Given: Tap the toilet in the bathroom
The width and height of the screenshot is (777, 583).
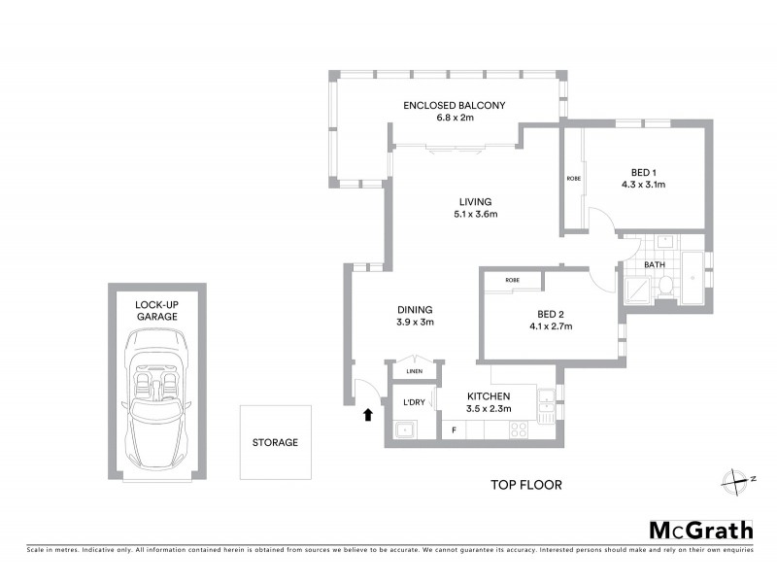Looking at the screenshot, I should tap(666, 286).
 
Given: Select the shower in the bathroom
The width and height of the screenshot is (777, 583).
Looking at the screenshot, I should tap(637, 289).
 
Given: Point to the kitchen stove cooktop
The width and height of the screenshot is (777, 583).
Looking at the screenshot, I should tap(519, 429).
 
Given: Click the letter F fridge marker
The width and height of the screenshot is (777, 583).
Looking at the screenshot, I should tap(452, 429).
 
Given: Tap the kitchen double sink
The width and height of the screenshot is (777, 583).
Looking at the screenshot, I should tap(547, 405).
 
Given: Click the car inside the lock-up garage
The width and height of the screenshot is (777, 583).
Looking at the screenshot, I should tap(156, 396).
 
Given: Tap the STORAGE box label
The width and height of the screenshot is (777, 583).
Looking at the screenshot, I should tap(275, 442).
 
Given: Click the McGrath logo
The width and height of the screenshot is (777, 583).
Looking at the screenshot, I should tap(700, 530).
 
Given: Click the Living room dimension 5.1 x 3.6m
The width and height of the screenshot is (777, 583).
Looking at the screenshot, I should tap(476, 215).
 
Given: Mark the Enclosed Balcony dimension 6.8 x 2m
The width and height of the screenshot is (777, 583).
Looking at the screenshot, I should tap(455, 118).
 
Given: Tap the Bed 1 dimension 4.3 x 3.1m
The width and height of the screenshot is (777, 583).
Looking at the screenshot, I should tap(643, 183).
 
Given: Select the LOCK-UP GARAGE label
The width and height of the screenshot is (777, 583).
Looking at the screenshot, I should tap(156, 310).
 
